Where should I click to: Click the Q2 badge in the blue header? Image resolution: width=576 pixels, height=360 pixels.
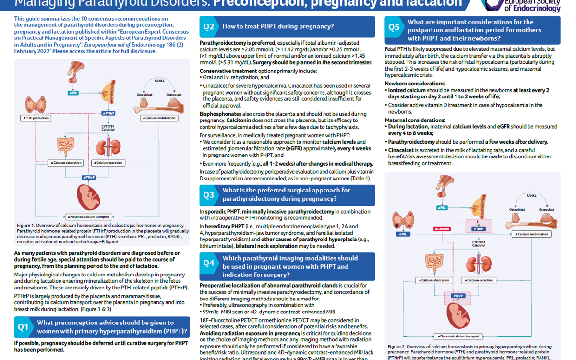(209, 27)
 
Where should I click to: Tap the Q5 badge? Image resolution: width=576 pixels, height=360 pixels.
(394, 27)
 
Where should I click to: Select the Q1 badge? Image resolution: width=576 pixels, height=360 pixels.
(24, 326)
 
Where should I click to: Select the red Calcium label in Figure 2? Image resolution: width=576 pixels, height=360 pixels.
(442, 229)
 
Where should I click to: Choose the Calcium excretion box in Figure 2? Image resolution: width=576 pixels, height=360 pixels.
(478, 280)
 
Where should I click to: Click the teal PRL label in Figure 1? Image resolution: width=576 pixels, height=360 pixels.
(73, 92)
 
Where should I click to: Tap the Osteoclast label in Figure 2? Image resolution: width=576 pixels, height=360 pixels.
(546, 210)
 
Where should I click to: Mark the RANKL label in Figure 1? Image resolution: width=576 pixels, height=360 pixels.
(159, 81)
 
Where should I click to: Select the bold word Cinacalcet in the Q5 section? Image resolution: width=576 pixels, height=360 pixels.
(401, 150)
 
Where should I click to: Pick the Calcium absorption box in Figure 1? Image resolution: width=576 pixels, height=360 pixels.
(66, 163)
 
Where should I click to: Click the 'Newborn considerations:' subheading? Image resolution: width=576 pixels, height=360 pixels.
(415, 84)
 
